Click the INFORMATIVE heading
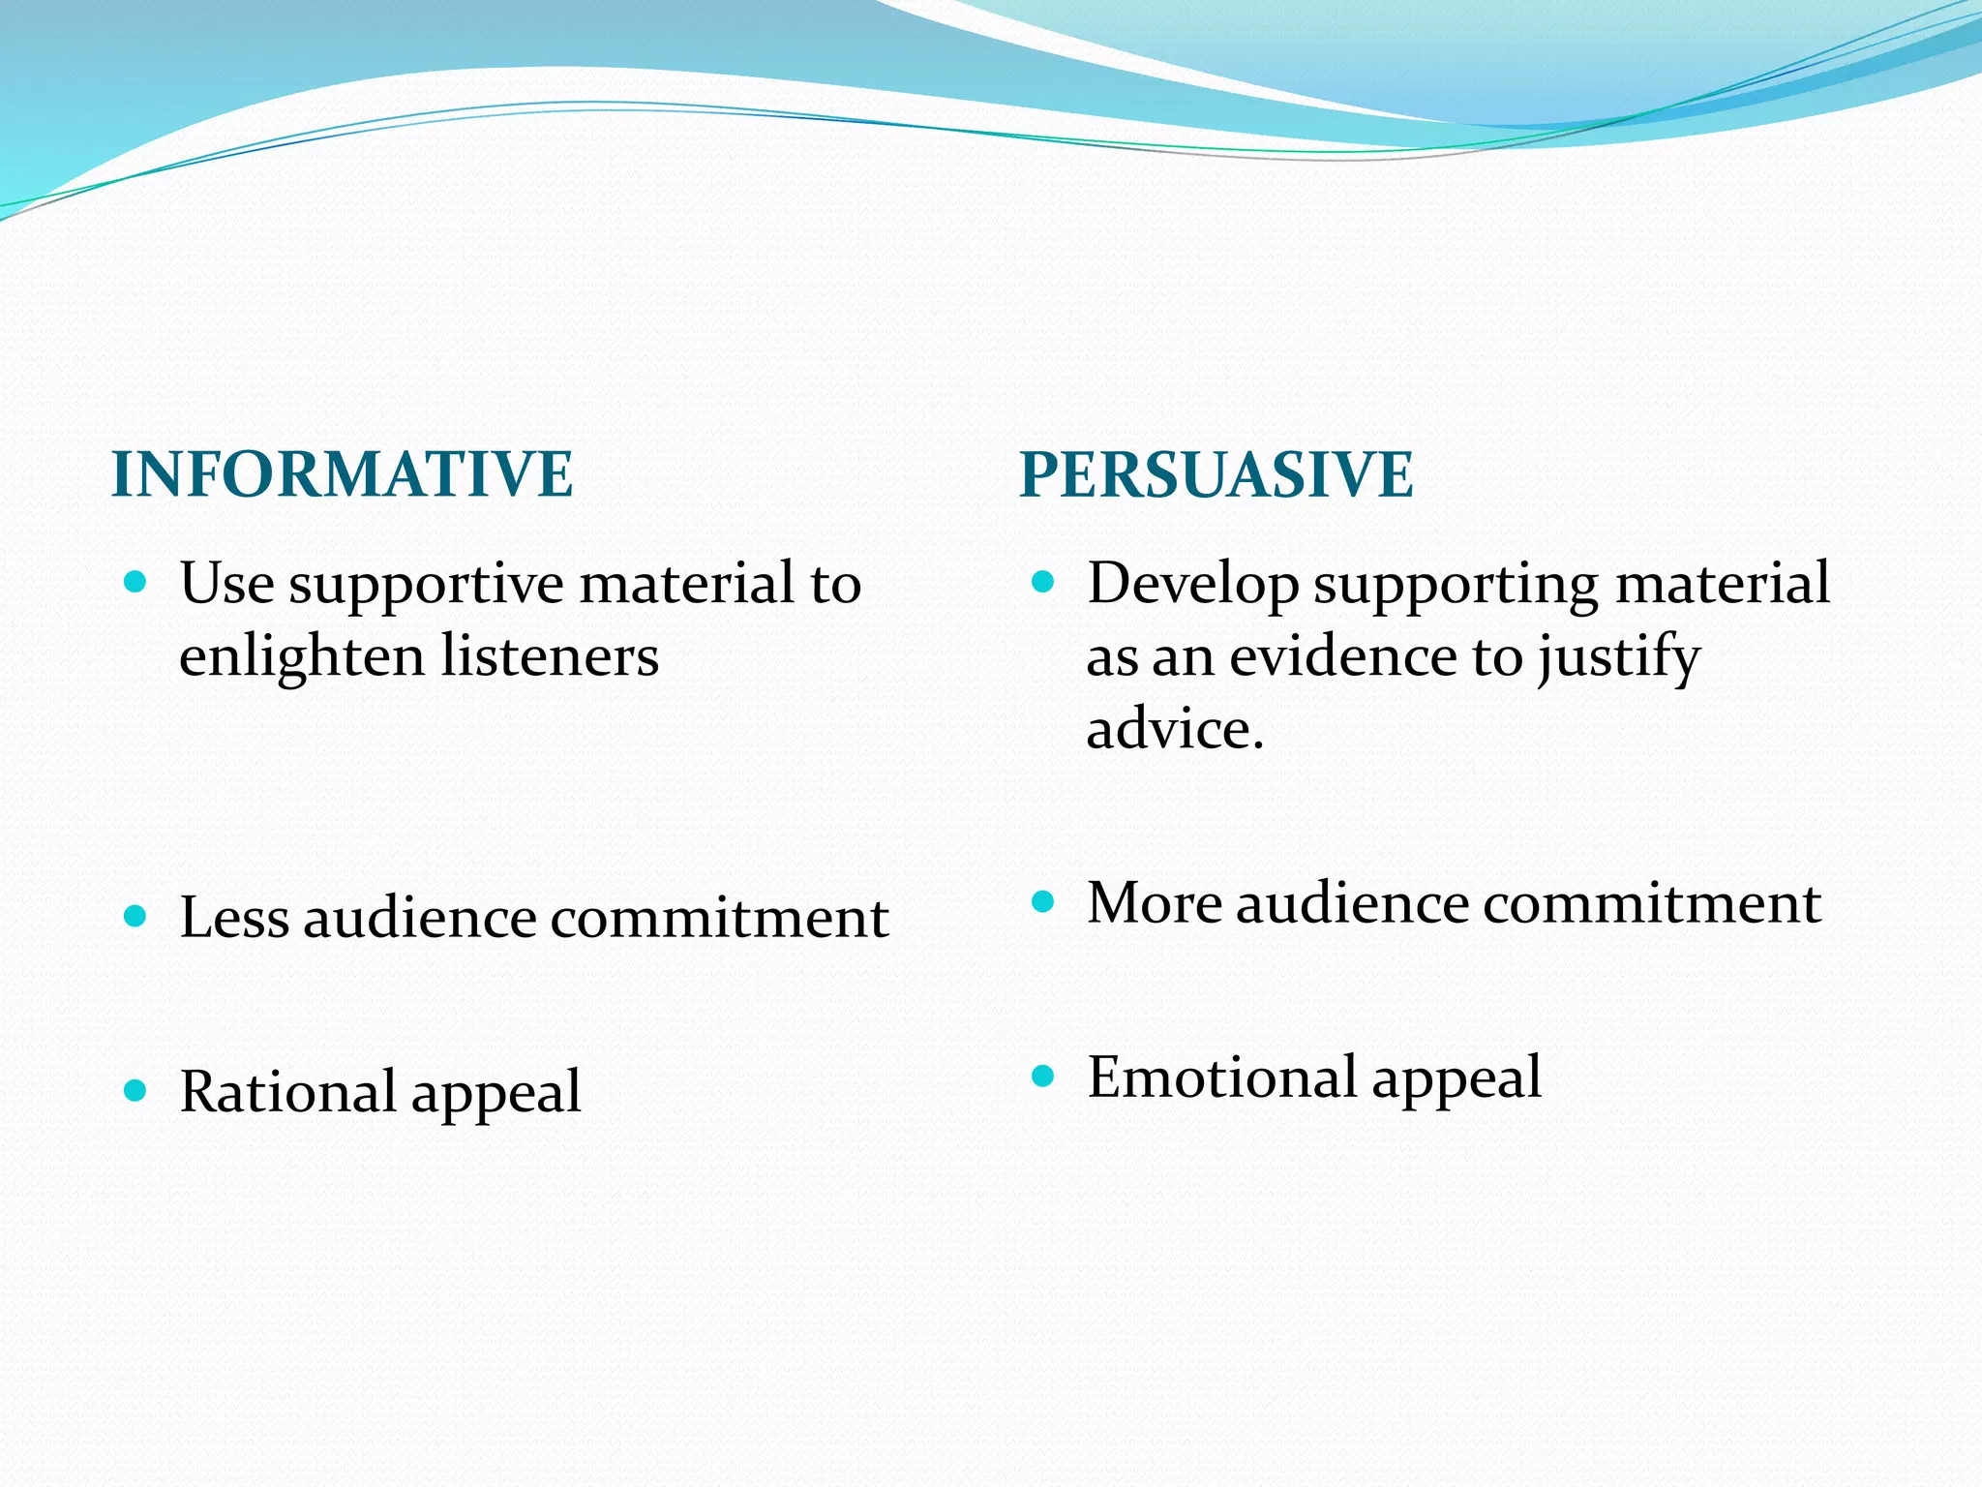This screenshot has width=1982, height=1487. (343, 474)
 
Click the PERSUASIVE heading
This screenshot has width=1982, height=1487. (1216, 474)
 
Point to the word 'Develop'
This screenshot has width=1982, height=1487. (1192, 585)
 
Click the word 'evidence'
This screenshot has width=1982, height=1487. (1341, 656)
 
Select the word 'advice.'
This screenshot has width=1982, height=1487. (1175, 729)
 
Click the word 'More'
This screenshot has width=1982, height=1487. (1154, 903)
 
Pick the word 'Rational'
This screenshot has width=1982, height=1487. (287, 1092)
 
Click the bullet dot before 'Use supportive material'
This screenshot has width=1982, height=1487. (135, 582)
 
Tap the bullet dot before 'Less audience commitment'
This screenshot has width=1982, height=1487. (135, 917)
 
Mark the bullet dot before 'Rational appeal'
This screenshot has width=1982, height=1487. (135, 1091)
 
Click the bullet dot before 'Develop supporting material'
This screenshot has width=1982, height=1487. (1042, 582)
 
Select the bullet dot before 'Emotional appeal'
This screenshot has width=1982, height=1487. (1042, 1076)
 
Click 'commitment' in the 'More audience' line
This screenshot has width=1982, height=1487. (1651, 904)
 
